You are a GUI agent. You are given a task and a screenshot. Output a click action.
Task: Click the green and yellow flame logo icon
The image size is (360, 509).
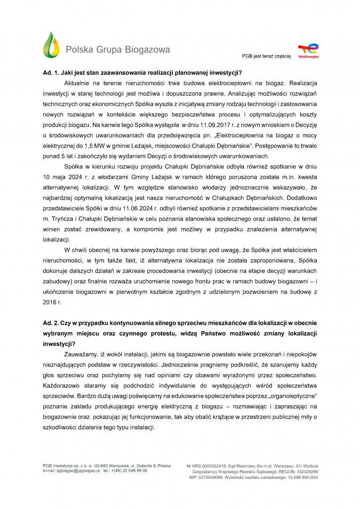(51, 45)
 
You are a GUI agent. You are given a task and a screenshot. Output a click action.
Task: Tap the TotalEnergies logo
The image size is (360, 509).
(308, 51)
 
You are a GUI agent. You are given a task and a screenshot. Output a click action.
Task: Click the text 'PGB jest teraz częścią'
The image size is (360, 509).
(266, 56)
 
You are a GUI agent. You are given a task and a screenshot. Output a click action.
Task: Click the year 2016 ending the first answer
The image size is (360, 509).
(49, 302)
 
